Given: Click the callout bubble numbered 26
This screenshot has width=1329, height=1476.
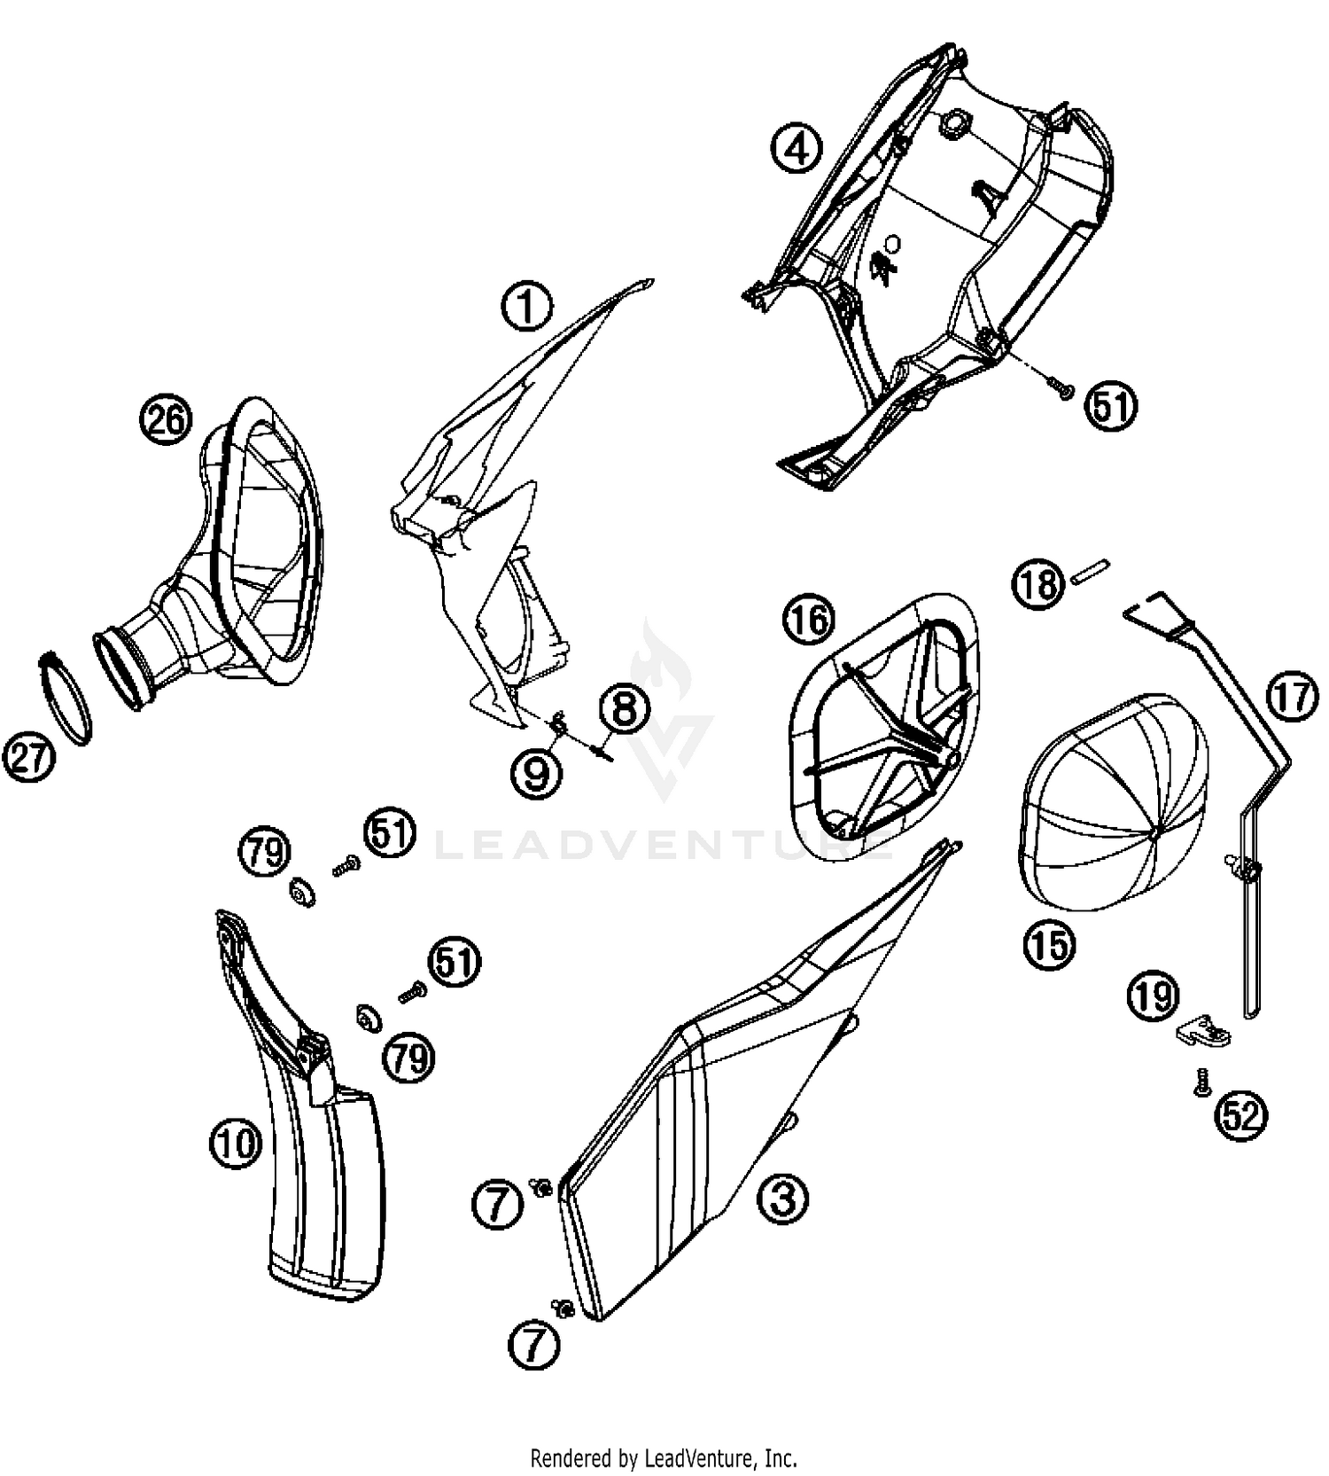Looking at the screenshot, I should click(x=167, y=418).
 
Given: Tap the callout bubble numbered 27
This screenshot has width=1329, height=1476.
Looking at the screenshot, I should click(x=29, y=760).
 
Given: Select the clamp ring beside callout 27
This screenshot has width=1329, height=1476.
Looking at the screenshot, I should click(x=67, y=699).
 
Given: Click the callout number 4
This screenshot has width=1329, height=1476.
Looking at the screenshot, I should click(x=796, y=148).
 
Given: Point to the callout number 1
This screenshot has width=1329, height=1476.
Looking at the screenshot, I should click(x=527, y=306).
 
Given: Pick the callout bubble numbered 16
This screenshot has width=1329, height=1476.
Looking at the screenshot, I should click(x=808, y=620).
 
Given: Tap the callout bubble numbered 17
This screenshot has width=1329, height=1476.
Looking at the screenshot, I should click(x=1292, y=696).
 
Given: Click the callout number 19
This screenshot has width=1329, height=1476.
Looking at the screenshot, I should click(x=1153, y=996).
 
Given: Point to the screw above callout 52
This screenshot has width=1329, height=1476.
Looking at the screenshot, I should click(x=1202, y=1083).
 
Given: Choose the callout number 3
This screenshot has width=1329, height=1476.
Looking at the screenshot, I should click(x=782, y=1199).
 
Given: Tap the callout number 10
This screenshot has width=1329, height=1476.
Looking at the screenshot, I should click(x=236, y=1143).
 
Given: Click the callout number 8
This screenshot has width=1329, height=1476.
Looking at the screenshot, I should click(x=625, y=709).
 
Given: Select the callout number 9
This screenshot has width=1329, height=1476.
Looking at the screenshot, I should click(x=537, y=773).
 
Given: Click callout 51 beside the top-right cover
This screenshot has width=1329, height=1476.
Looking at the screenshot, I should click(x=1111, y=406).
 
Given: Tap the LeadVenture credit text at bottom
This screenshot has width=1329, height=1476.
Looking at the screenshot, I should click(x=664, y=1456).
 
